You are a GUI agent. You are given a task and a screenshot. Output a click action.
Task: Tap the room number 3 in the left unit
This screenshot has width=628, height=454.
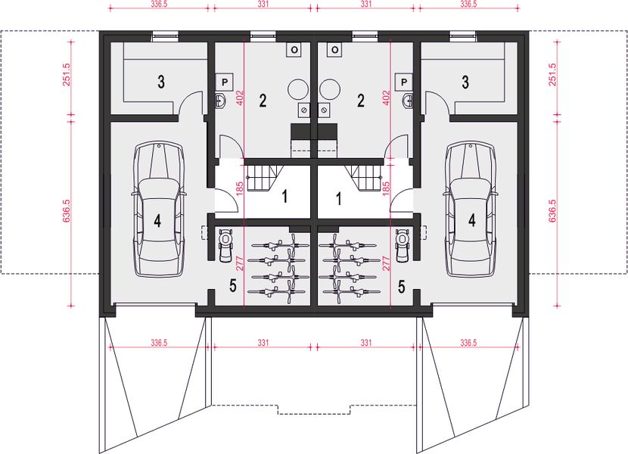(161, 82)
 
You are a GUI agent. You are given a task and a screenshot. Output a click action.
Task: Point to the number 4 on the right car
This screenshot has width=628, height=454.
(472, 220)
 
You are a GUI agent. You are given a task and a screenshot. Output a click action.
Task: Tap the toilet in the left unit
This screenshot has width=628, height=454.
(220, 100)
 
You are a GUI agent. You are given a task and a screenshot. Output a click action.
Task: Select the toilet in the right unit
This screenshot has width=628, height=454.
(409, 100)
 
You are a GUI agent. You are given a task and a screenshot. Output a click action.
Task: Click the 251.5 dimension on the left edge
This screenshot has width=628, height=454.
(67, 75)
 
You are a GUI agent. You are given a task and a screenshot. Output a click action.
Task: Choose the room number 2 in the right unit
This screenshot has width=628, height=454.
(362, 99)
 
